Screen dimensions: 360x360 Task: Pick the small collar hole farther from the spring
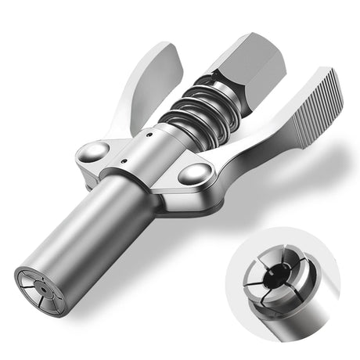(x=125, y=163)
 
